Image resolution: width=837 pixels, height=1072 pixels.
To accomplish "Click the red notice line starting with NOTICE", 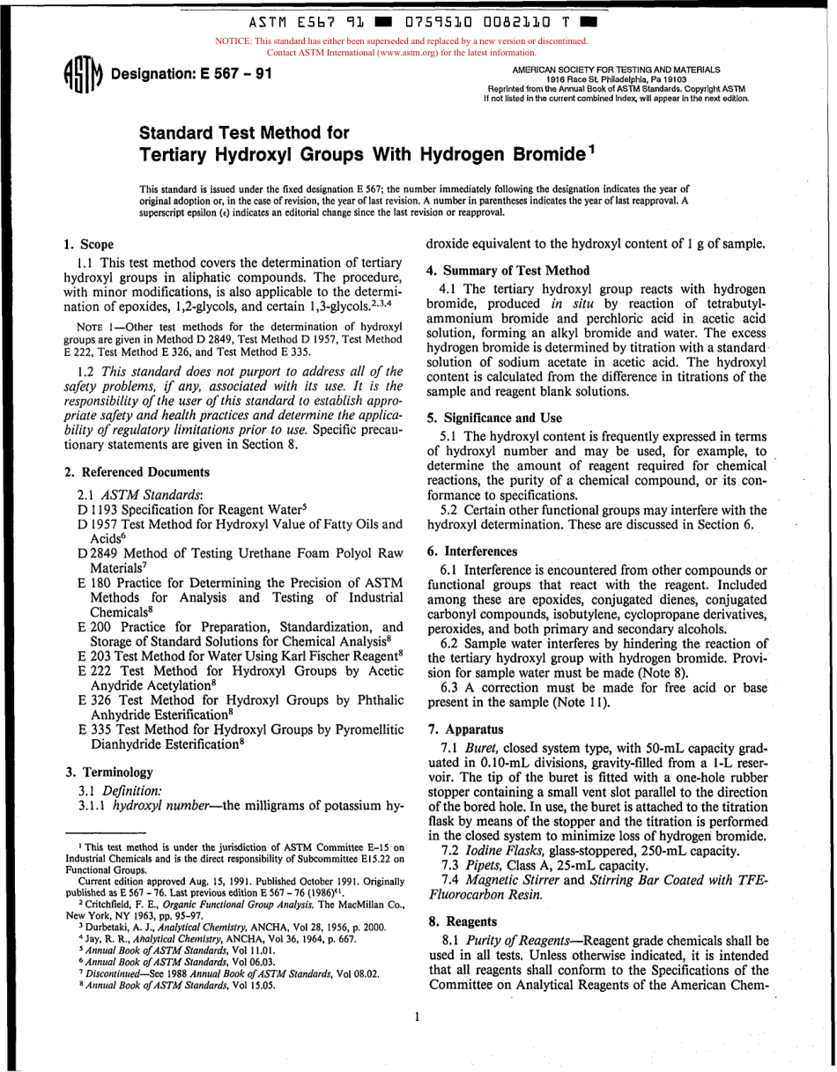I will [401, 41].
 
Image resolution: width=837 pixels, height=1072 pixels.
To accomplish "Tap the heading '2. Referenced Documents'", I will [138, 472].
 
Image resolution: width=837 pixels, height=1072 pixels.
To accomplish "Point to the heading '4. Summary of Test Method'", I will [507, 270].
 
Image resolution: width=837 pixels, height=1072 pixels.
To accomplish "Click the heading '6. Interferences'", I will [472, 551].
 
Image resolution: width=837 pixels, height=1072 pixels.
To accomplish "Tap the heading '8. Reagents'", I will [462, 921].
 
